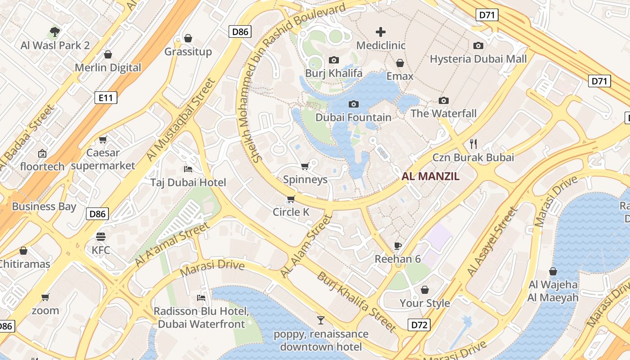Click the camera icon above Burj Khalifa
[333, 60]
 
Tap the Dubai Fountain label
[353, 117]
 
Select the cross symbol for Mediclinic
[381, 32]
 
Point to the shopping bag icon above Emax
[400, 63]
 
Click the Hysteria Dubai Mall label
[478, 59]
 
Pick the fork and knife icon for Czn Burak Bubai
[473, 144]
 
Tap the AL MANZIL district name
[430, 176]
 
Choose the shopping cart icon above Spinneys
[305, 166]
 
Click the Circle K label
[291, 212]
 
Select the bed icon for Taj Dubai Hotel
[188, 169]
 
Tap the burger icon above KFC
[101, 237]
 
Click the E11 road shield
[106, 98]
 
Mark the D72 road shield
[419, 324]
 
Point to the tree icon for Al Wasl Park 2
[55, 32]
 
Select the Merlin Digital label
[108, 68]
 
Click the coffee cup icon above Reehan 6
[397, 246]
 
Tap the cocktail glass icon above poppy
[320, 320]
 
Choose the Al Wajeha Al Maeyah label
[553, 291]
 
